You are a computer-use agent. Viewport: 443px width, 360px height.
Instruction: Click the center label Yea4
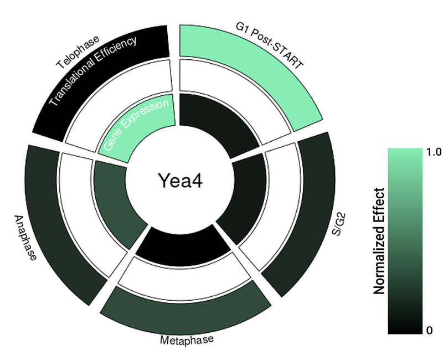coord(181,181)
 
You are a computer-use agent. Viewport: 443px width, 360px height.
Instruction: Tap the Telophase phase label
coord(78,52)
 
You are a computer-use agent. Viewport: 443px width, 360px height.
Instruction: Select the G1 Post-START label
coord(270,45)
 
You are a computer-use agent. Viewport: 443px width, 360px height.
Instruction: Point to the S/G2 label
coord(339,225)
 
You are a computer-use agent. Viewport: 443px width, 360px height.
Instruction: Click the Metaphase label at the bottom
coord(187,340)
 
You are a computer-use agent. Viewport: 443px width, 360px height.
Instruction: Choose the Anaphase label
coord(25,238)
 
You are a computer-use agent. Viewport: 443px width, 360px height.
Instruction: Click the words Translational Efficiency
coord(92,71)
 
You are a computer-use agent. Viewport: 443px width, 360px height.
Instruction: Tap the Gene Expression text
coord(136,124)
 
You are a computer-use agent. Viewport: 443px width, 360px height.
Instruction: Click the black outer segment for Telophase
coord(93,74)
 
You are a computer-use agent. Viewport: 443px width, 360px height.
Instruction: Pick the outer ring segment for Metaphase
coord(186,311)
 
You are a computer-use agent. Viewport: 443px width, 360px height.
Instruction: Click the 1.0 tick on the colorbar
coord(434,152)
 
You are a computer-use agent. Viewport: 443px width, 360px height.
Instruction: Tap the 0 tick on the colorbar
coord(430,330)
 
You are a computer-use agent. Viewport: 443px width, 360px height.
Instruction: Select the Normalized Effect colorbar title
coord(379,241)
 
